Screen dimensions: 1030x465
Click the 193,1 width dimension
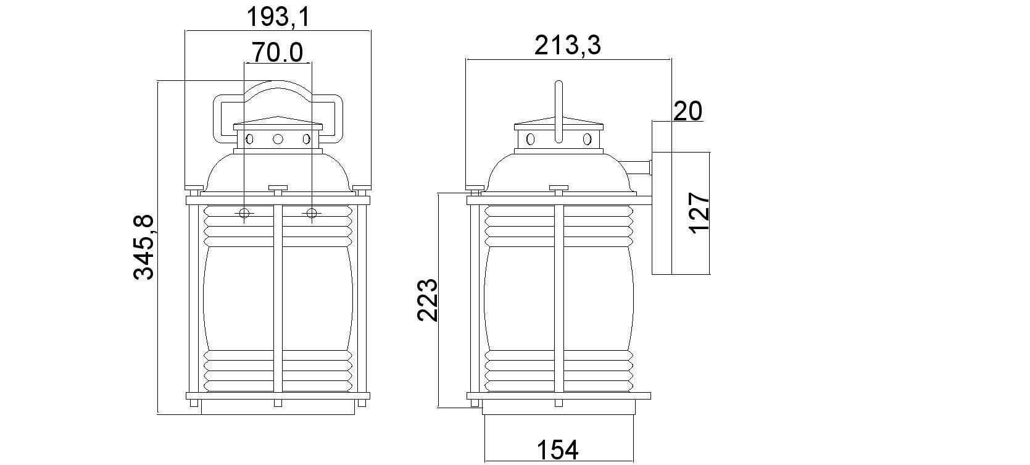[279, 17]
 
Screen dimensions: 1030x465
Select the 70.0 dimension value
[278, 52]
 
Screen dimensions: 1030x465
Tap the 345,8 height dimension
[144, 247]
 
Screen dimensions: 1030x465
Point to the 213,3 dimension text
[567, 46]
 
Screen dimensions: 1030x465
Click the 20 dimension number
[688, 111]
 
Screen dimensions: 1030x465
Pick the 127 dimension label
[699, 213]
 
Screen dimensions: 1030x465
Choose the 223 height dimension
[428, 300]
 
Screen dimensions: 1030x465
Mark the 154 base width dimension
[558, 450]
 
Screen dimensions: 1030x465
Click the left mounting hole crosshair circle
[244, 214]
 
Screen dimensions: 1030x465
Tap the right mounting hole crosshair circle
[312, 214]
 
